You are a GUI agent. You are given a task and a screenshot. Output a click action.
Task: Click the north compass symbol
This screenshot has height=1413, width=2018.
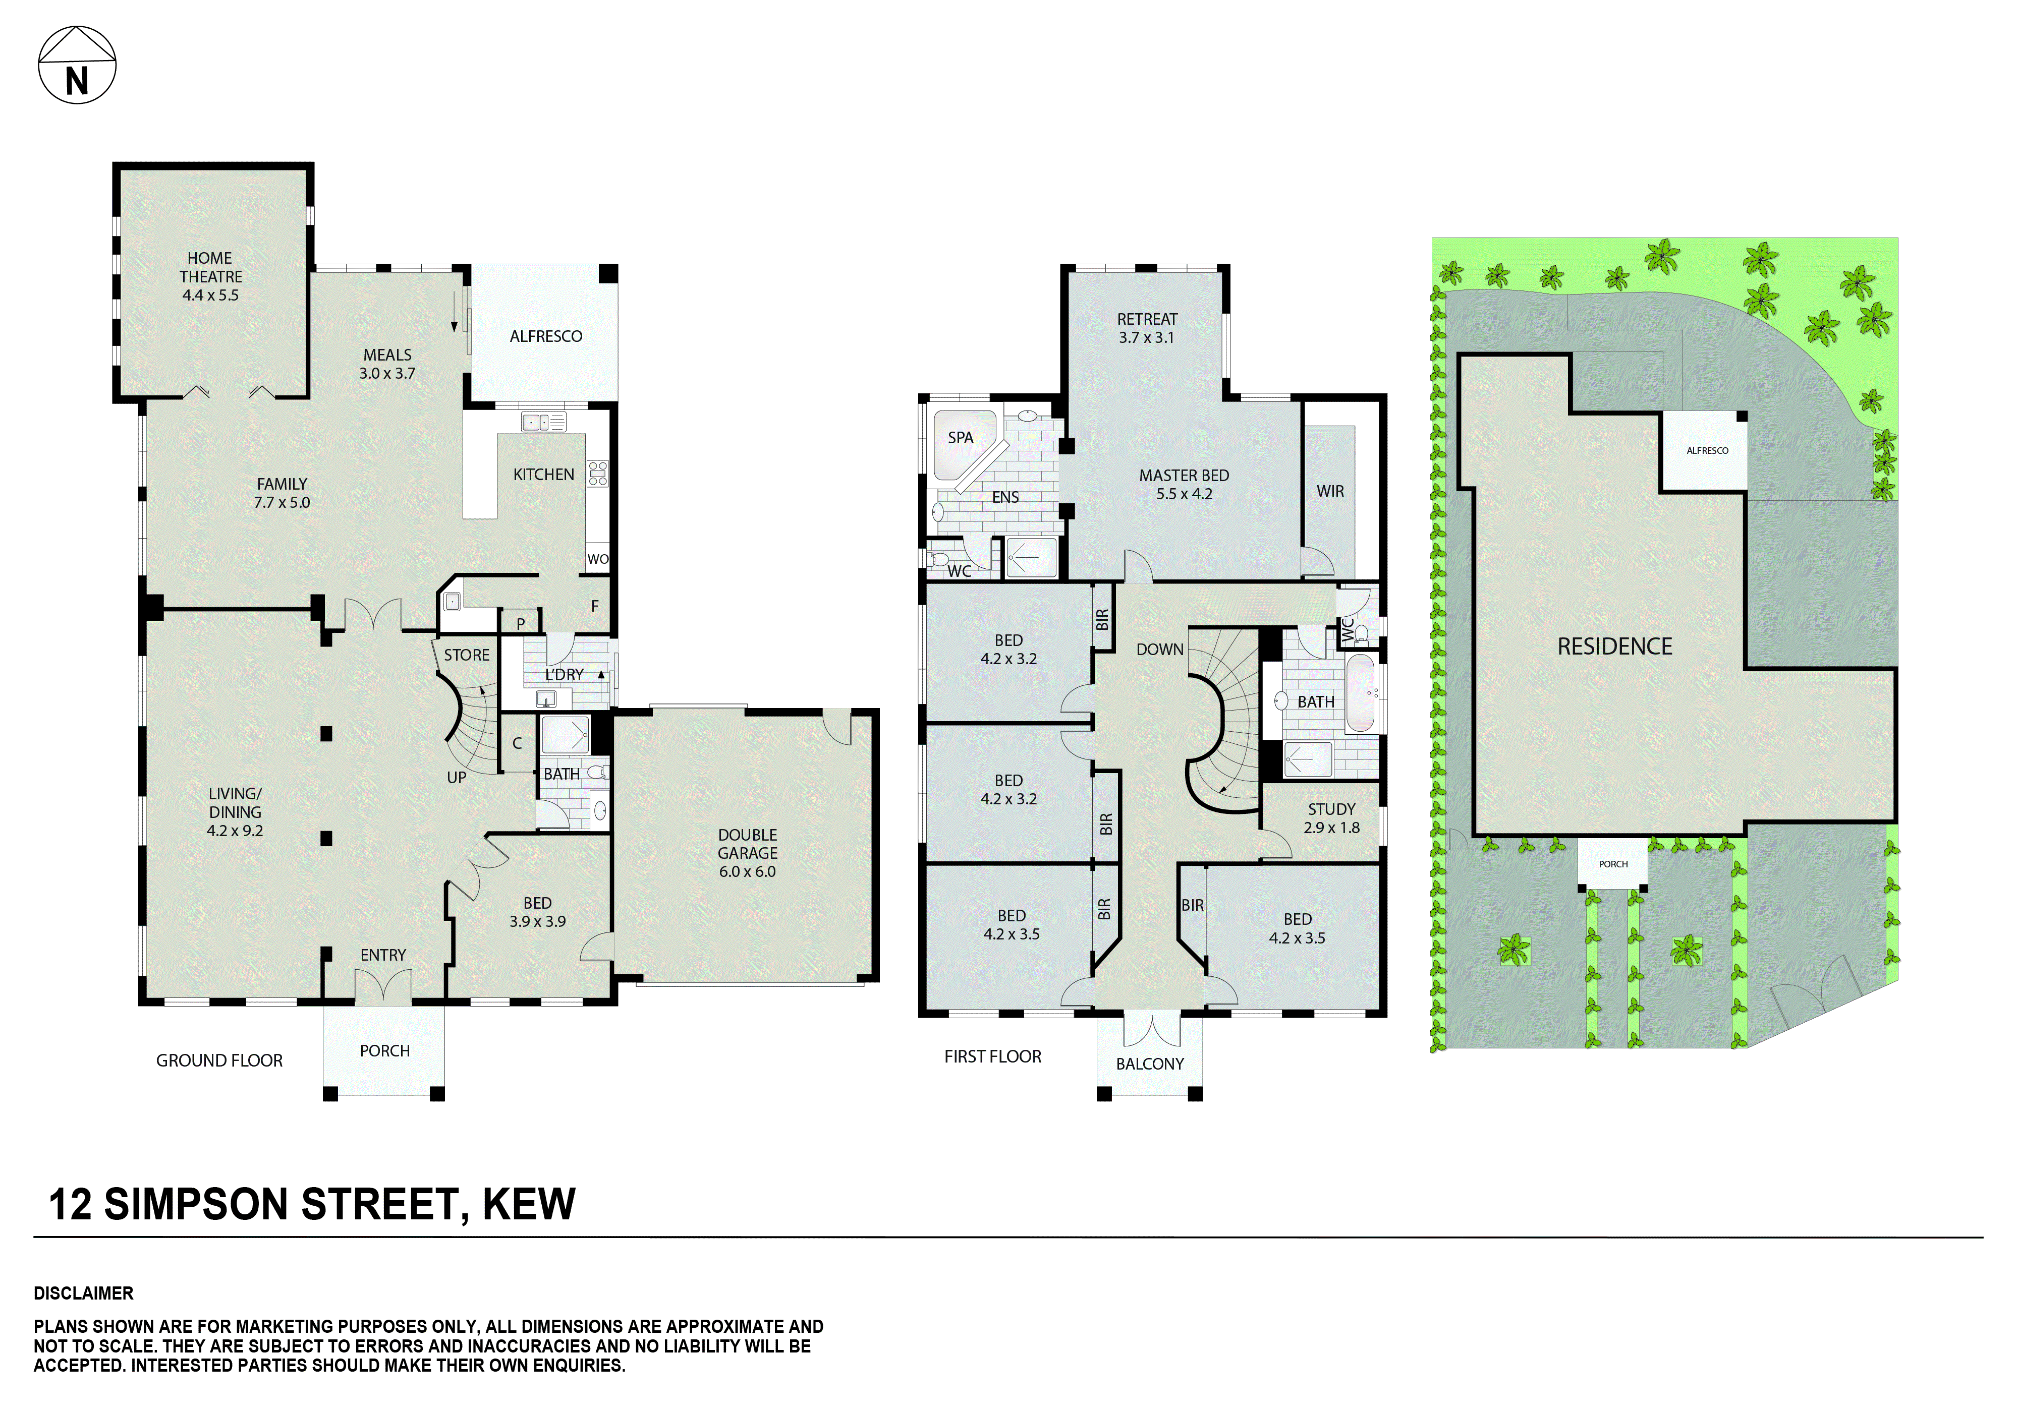(77, 65)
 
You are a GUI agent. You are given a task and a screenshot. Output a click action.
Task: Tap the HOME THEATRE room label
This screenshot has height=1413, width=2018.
(210, 267)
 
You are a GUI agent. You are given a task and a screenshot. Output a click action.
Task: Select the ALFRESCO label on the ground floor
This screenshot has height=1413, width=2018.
(546, 336)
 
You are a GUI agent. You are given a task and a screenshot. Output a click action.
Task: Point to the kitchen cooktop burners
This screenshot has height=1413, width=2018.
(598, 474)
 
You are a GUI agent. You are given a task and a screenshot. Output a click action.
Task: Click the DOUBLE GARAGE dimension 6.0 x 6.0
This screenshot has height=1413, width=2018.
(747, 872)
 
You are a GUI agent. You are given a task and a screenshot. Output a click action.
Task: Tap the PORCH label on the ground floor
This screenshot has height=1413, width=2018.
(385, 1051)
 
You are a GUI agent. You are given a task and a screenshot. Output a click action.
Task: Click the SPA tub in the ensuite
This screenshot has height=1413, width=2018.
(962, 443)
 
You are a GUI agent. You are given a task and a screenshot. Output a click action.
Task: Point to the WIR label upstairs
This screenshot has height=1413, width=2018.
(1330, 491)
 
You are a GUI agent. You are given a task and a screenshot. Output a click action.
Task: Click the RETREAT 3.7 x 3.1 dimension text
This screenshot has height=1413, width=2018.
(1146, 337)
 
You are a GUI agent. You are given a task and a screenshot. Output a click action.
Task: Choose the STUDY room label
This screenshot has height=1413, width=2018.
(1331, 809)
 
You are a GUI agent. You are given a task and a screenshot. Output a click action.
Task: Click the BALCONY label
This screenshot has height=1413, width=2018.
(1150, 1064)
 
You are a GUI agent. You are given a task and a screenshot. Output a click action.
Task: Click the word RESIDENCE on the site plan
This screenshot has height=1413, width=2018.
(1614, 647)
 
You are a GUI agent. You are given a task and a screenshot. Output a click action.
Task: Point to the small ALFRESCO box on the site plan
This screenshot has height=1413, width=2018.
(1707, 451)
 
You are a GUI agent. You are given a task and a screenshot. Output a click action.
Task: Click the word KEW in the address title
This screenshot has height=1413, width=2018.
(529, 1205)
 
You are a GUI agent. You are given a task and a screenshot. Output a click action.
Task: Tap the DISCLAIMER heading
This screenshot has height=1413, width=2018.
(84, 1293)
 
